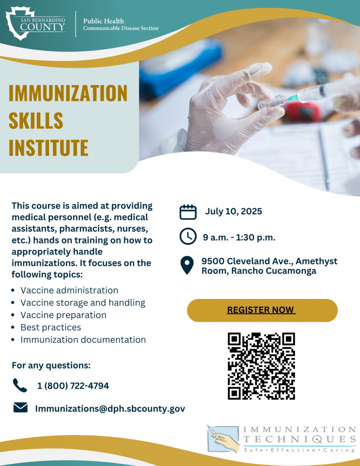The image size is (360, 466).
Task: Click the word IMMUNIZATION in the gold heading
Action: (x=68, y=93)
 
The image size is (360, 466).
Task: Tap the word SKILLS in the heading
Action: (x=36, y=120)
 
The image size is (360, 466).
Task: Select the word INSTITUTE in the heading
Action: (x=48, y=147)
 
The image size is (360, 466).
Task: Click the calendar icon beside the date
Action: (x=188, y=212)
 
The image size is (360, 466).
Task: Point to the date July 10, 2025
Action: (x=233, y=211)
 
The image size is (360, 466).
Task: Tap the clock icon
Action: (x=188, y=237)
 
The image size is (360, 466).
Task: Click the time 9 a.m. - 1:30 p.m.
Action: (x=239, y=237)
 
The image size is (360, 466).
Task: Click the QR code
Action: (x=261, y=366)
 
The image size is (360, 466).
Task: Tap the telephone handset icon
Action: (x=20, y=385)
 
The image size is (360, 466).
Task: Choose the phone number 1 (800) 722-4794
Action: (x=73, y=386)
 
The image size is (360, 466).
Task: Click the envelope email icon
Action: (x=20, y=408)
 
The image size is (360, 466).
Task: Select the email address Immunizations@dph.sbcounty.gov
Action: (x=110, y=409)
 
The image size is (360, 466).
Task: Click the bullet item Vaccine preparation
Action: (x=63, y=315)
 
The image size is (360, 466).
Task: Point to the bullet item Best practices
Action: (x=51, y=327)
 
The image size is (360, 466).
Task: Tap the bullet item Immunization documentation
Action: (x=83, y=339)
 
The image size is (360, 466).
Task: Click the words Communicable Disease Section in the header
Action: (x=121, y=29)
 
